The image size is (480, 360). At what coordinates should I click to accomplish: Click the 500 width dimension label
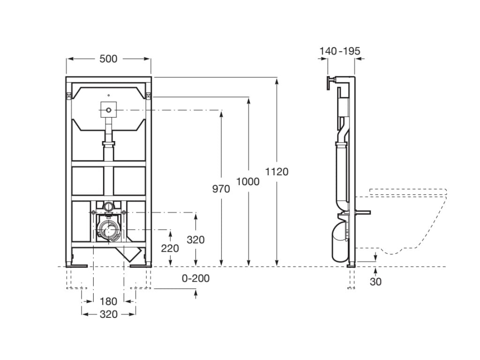point(108,59)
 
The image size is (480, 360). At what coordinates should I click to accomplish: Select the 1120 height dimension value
point(277,172)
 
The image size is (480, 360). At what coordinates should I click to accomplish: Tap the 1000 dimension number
point(248,182)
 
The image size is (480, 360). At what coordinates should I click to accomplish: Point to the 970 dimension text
point(221,189)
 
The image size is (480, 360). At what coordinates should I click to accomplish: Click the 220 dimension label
point(170,248)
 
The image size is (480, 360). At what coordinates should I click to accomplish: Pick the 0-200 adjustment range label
point(196,278)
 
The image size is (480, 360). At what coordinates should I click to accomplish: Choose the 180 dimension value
point(108,301)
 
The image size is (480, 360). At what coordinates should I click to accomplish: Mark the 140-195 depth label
point(340,51)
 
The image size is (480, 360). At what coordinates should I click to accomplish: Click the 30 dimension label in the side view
point(375,282)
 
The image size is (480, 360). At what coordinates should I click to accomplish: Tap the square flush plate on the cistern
point(108,110)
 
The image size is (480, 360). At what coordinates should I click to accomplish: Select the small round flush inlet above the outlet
point(108,206)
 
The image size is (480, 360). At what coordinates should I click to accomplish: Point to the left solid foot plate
point(76,265)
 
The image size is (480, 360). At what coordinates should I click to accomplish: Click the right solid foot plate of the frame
point(141,265)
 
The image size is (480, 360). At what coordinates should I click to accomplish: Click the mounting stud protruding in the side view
point(363,212)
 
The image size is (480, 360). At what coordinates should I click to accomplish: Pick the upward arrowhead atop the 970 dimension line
point(221,113)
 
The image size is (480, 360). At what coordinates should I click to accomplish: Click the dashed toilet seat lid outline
point(408,192)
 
